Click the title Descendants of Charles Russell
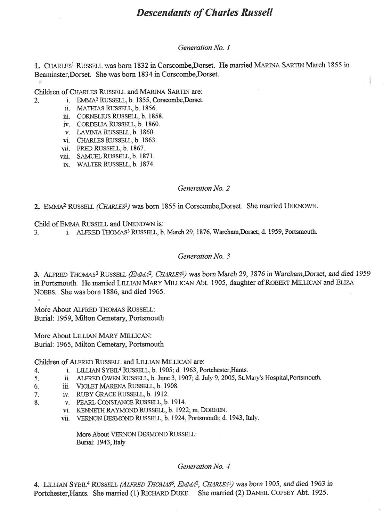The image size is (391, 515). (204, 13)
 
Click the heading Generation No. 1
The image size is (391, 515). (204, 48)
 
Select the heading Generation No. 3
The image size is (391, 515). (204, 256)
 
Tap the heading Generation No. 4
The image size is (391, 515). (204, 466)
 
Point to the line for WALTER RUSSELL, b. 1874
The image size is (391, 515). (115, 164)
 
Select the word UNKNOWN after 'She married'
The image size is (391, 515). (300, 206)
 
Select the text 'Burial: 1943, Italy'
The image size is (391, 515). (100, 442)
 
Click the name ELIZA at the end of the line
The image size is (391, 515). (344, 283)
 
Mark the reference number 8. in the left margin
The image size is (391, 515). (36, 402)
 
